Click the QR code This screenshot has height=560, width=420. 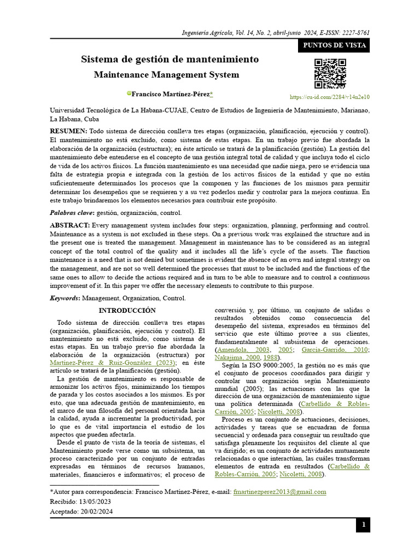coord(330,73)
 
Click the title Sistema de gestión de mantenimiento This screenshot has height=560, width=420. coord(170,59)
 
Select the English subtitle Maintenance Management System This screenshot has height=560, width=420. coord(167,74)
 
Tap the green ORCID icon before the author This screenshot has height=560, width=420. coord(130,94)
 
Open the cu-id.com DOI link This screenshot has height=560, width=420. coord(330,97)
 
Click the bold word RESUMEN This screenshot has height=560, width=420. coord(68,131)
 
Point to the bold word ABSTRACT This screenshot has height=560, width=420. coord(70,225)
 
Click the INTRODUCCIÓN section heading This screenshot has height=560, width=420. coord(127,310)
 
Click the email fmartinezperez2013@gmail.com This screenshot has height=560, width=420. coord(279,492)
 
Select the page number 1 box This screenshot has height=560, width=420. coord(363,526)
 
